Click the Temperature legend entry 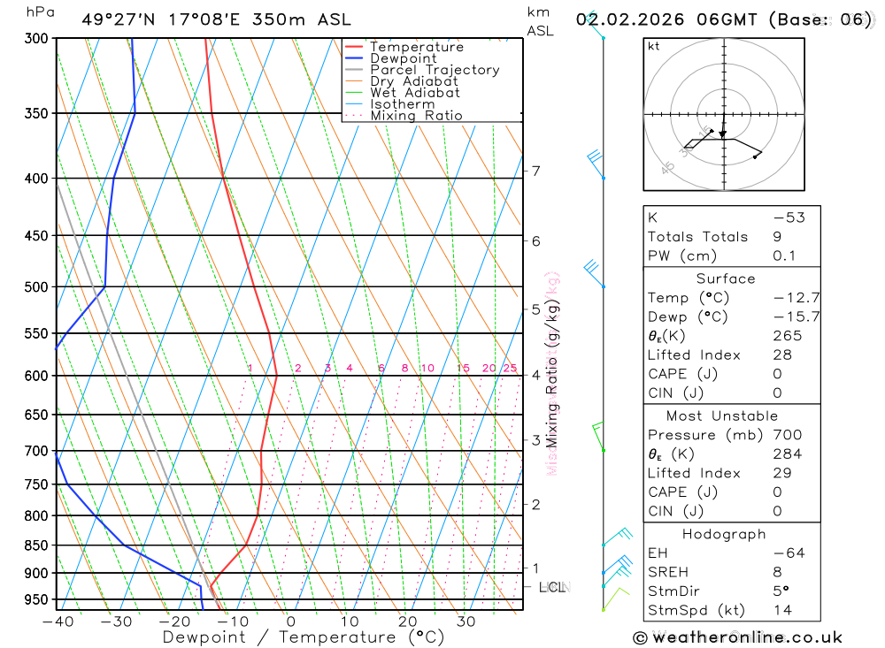(416, 47)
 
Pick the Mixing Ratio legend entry (416, 115)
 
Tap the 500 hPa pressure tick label (36, 287)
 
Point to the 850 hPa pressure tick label (36, 545)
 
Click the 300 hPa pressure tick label (36, 39)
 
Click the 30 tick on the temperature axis (466, 621)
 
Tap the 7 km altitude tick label (536, 171)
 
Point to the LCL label (551, 586)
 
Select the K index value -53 (783, 217)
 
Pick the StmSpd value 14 (783, 610)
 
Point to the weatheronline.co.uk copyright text (737, 637)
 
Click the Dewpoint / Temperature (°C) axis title (290, 637)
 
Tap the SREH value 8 (777, 572)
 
